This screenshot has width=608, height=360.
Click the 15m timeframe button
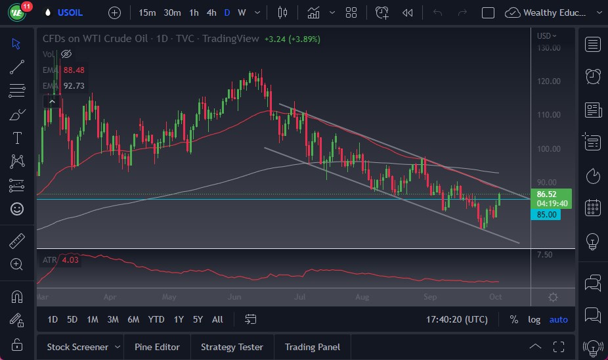tap(147, 12)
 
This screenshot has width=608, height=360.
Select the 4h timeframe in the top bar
tap(211, 12)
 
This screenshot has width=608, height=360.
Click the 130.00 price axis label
tap(548, 47)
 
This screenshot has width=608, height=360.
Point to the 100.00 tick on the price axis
tap(548, 148)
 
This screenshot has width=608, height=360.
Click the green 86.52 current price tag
tap(547, 194)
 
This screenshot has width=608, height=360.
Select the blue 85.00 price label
tap(547, 214)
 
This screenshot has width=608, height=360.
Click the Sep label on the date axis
tap(429, 297)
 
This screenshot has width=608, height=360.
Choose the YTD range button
tap(156, 319)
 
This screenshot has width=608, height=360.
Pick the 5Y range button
tap(198, 319)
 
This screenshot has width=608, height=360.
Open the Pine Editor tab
tap(157, 347)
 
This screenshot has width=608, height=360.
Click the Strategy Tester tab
tap(232, 347)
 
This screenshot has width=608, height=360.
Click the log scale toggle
tap(534, 319)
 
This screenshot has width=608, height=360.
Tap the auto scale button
tap(558, 319)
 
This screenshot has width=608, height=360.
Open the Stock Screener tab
tap(77, 347)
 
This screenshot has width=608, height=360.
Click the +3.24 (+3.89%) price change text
tap(292, 39)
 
